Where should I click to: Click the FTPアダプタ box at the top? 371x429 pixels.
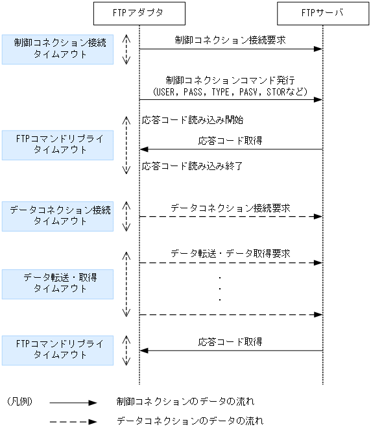[139, 12]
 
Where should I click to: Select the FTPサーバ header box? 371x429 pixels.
[322, 12]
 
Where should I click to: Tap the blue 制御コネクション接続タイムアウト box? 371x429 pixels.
[57, 49]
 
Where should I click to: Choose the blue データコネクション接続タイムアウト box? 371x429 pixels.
[57, 215]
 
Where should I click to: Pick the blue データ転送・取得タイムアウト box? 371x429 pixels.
[57, 284]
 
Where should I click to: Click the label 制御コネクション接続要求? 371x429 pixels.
[230, 40]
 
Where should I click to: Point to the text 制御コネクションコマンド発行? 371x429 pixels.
[230, 80]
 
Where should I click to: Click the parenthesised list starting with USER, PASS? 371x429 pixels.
[230, 92]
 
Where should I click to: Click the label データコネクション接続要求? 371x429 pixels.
[230, 208]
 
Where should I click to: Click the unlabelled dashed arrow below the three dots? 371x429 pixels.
[230, 315]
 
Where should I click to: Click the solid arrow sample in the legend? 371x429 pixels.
[73, 402]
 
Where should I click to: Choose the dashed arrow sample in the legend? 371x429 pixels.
[73, 421]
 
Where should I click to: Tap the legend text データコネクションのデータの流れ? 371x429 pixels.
[189, 421]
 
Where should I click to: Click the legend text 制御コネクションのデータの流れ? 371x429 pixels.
[185, 402]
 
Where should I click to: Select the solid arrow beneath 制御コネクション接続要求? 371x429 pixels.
[230, 49]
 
